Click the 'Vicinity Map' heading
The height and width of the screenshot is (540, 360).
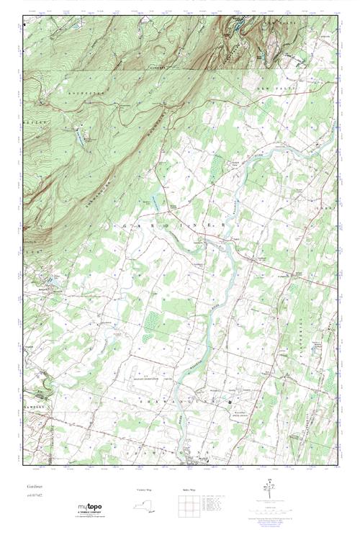145,490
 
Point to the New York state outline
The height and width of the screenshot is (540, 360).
144,507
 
